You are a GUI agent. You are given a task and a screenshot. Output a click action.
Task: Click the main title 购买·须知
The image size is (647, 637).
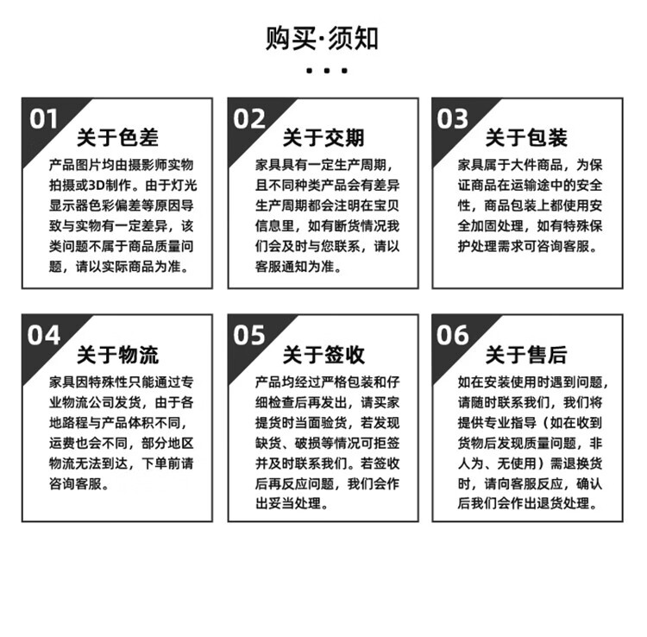click(x=323, y=39)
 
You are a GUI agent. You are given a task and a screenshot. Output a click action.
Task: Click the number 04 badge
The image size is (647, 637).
click(x=44, y=335)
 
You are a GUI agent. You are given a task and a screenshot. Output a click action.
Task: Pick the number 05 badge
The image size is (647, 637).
click(x=249, y=335)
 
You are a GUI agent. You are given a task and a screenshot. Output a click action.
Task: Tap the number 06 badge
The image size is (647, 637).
click(x=452, y=335)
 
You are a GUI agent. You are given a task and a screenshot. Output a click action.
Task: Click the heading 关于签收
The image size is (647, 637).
click(x=323, y=355)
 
